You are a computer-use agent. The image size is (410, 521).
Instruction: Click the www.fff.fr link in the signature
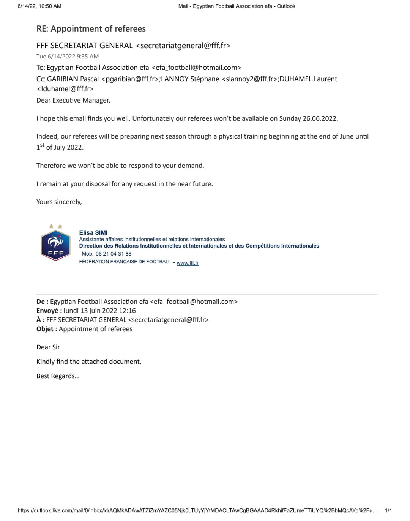(x=188, y=263)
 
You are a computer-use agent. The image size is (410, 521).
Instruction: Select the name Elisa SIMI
(x=93, y=232)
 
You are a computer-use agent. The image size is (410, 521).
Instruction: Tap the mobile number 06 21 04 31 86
(x=113, y=254)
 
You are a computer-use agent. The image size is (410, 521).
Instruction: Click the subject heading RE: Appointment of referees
(x=91, y=29)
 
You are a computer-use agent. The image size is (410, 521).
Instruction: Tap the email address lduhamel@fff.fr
(x=65, y=89)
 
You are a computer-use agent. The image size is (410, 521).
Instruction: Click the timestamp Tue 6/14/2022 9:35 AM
(x=68, y=57)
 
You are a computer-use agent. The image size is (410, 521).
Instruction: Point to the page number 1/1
(x=388, y=511)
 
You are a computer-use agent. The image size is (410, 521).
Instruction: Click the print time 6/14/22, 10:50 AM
(x=39, y=6)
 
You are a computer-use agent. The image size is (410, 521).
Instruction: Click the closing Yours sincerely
(x=59, y=202)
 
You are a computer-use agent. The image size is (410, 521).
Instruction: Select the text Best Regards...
(x=58, y=376)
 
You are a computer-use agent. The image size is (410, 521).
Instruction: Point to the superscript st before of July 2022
(x=42, y=145)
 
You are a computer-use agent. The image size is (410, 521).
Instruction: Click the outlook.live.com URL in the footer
(x=197, y=511)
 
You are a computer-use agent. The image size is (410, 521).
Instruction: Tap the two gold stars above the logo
(x=55, y=227)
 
